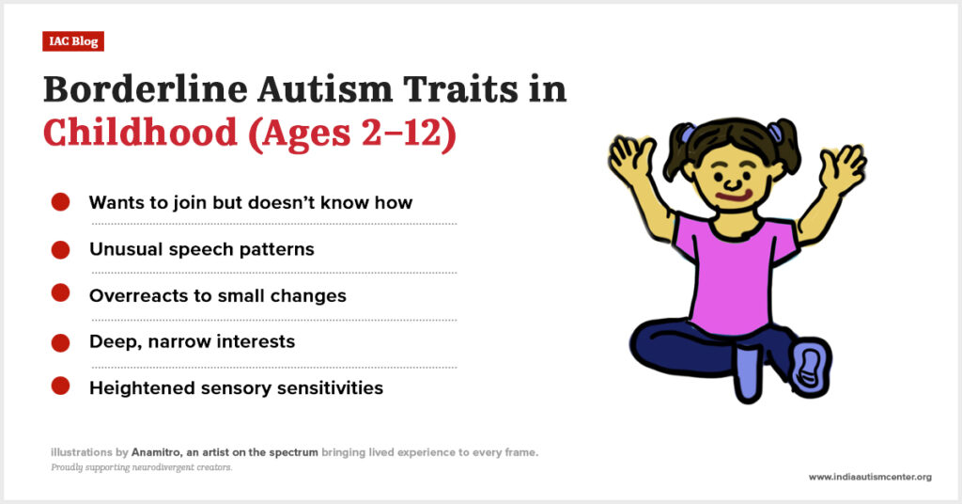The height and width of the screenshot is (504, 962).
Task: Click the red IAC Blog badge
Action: pos(73,41)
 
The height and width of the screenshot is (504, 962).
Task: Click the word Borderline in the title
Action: pos(146,89)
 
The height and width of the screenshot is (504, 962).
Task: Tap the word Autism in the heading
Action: pos(325,89)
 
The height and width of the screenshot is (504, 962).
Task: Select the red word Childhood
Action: pos(141,132)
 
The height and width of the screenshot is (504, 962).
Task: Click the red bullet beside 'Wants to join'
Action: pos(60,202)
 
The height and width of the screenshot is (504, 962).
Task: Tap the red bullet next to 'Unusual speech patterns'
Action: pos(60,249)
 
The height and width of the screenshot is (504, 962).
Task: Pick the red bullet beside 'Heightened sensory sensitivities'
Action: pos(60,386)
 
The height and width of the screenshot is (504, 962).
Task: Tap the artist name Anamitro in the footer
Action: pos(156,452)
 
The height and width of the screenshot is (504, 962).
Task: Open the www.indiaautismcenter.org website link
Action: pos(870,477)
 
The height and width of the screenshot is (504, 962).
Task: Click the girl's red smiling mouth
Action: pos(735,197)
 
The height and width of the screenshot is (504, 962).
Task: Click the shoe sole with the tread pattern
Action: pos(809,367)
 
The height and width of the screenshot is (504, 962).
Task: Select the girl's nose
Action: pos(733,182)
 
